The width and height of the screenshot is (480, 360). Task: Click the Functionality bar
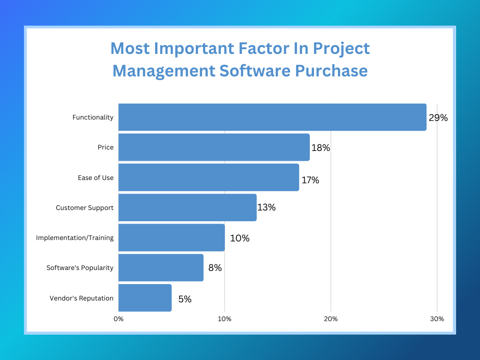tap(272, 117)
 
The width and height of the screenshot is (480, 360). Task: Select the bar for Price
tap(214, 147)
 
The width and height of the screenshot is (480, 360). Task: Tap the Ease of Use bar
tap(209, 177)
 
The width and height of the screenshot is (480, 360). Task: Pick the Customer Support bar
tap(187, 207)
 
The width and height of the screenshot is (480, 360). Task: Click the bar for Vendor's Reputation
tap(145, 298)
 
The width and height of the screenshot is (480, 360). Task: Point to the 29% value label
tap(438, 118)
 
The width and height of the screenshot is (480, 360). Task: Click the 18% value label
tap(321, 148)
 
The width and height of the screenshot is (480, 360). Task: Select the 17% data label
tap(310, 180)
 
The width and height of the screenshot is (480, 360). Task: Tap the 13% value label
tap(266, 207)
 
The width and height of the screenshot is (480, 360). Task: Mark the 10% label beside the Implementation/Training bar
tap(240, 238)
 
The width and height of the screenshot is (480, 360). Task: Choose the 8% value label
tap(215, 268)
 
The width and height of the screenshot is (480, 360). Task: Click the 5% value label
tap(185, 299)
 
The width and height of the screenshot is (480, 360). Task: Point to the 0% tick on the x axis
tap(119, 319)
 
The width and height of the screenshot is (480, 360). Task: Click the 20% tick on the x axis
tap(331, 319)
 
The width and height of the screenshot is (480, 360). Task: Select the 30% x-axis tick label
tap(437, 319)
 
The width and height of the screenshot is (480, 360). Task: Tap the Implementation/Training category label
tap(75, 238)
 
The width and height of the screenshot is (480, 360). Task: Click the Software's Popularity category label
tap(80, 268)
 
